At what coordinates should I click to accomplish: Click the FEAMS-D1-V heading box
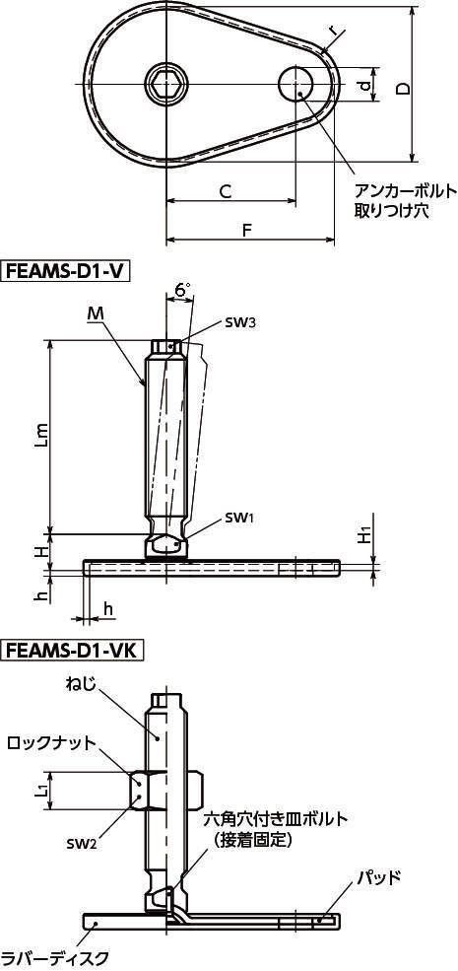(x=67, y=271)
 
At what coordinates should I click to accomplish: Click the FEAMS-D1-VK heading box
(x=73, y=651)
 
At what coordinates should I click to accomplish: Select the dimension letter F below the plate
(x=246, y=231)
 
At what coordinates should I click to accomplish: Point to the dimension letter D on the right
(x=403, y=89)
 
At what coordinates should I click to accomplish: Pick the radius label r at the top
(x=333, y=30)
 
